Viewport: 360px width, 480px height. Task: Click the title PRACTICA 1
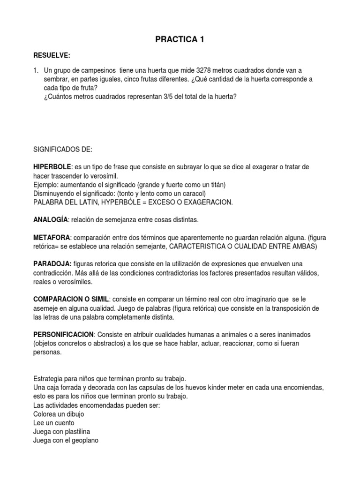(180, 41)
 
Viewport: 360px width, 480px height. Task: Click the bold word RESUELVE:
(52, 56)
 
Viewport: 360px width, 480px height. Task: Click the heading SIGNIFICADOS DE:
(63, 150)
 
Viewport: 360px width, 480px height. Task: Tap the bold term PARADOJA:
(52, 263)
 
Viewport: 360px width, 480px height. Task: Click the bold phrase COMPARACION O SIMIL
(71, 299)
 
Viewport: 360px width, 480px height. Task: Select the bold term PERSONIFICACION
(64, 334)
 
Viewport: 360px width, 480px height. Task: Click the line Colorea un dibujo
(59, 414)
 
